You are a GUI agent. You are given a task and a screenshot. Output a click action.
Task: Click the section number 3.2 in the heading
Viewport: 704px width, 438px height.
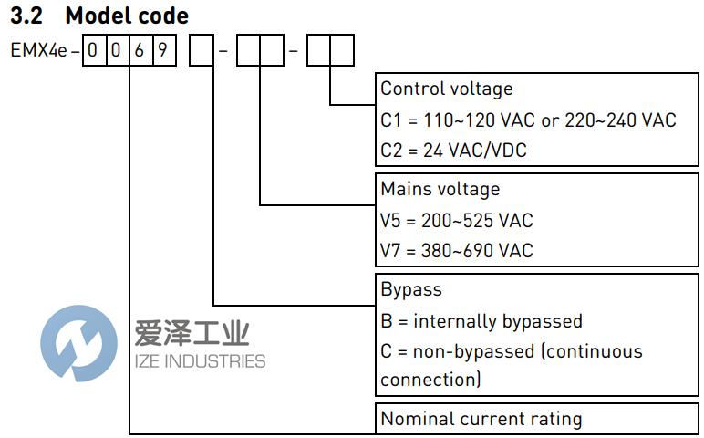click(x=28, y=16)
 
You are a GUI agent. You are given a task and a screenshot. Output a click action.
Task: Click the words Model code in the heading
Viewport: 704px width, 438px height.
click(x=127, y=16)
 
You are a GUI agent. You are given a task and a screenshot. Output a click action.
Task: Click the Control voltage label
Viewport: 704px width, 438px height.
click(x=446, y=89)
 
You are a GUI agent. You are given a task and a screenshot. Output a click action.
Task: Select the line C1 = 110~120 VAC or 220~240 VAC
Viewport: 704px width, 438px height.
click(x=528, y=120)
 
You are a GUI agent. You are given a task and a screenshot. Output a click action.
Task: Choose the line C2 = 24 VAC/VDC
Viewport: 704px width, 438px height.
click(x=453, y=151)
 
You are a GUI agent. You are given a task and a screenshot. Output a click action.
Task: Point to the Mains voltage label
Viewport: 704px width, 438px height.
click(x=440, y=189)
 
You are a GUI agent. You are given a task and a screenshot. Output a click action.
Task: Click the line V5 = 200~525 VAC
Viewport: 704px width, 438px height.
click(x=456, y=220)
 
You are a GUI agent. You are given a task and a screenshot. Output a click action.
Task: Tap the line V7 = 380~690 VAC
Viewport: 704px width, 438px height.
click(x=456, y=250)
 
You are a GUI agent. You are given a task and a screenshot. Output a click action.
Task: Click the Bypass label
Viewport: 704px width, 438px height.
click(x=410, y=289)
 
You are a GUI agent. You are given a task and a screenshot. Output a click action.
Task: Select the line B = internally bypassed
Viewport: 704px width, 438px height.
click(x=481, y=320)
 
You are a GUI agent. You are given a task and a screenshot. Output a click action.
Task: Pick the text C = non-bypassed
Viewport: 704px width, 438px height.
click(x=456, y=351)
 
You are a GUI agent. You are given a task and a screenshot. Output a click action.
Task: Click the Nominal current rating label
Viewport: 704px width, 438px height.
click(x=481, y=419)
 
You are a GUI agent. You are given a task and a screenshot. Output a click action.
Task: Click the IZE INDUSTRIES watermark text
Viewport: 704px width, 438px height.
click(x=200, y=361)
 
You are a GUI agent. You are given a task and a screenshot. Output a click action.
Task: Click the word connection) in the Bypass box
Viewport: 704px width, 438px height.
click(x=430, y=380)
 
